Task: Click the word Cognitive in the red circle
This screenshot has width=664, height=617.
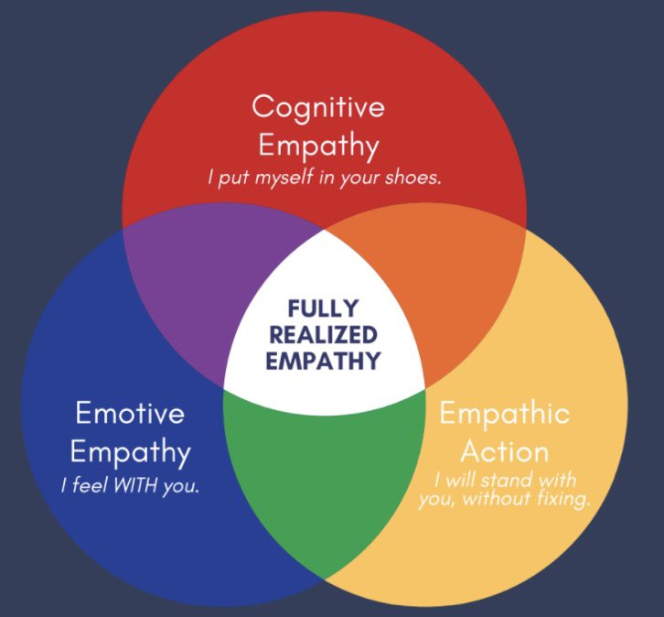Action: click(x=318, y=107)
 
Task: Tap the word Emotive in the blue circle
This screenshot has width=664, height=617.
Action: click(x=129, y=413)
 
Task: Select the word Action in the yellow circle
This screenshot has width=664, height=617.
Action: click(x=504, y=451)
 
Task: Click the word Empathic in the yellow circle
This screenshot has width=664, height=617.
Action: click(x=504, y=413)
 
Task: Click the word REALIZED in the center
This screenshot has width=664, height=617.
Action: click(x=322, y=333)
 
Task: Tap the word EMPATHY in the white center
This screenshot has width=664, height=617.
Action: click(x=322, y=360)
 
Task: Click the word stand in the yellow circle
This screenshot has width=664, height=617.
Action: click(x=505, y=480)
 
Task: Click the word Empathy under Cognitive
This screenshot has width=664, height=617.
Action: click(x=318, y=145)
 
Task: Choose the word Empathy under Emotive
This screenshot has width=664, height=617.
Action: click(x=130, y=452)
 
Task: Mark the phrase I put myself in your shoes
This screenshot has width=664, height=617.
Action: click(x=325, y=178)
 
